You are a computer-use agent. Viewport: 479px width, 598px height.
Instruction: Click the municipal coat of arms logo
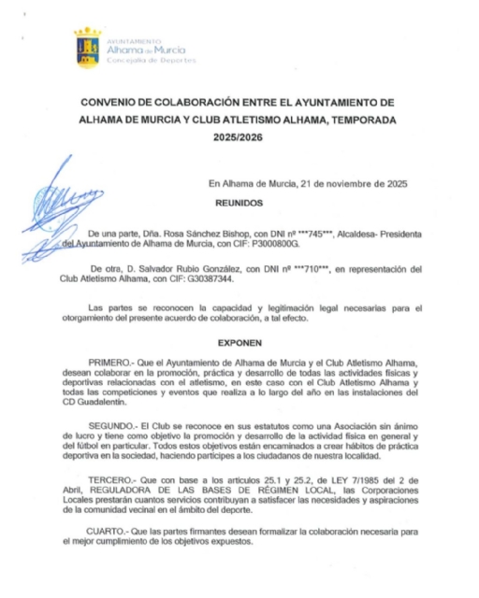tap(88, 48)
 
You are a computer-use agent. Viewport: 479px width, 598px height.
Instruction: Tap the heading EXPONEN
tap(239, 343)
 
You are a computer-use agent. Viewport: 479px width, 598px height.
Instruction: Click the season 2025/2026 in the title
tap(239, 137)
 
